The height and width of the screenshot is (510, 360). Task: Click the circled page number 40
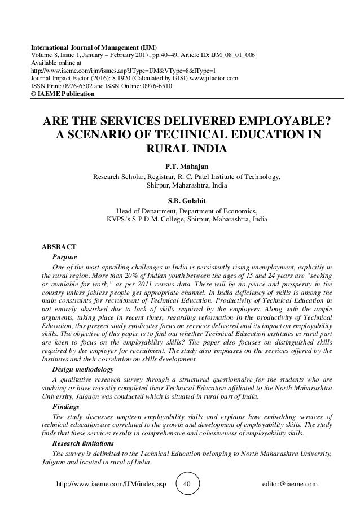point(188,485)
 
